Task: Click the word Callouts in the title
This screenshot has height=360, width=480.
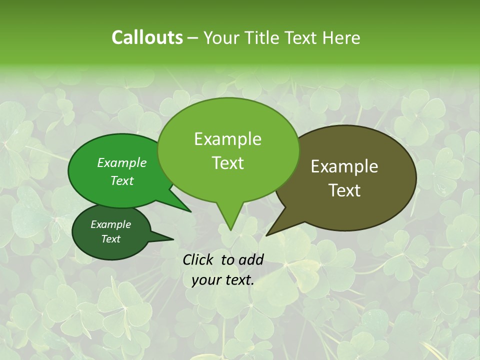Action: coord(147,37)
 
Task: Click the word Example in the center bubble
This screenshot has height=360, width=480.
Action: coord(227,139)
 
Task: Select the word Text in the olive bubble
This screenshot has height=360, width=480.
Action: coord(345,190)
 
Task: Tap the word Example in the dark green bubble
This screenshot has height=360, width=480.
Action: coord(110,224)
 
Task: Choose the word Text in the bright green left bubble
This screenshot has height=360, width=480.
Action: coord(122,180)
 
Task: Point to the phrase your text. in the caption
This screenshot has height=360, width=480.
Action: coord(223,280)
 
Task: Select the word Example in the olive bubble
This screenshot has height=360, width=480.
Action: coord(344,166)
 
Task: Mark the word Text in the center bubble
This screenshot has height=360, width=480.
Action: coord(228,162)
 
